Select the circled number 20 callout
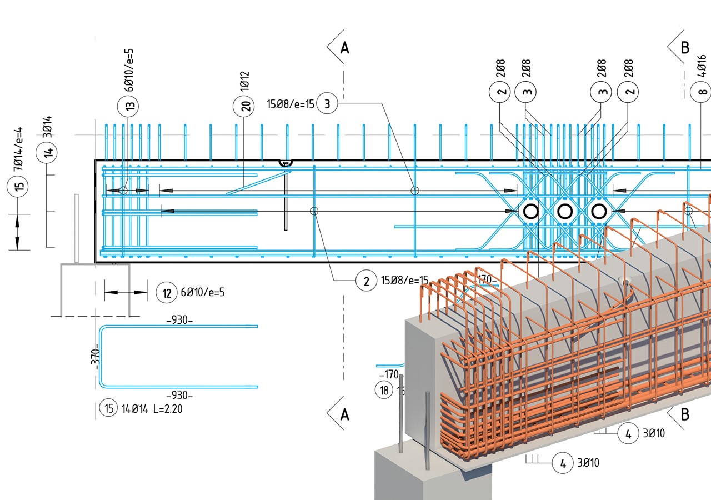[x=247, y=106]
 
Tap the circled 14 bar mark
[x=47, y=153]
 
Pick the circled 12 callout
[x=167, y=292]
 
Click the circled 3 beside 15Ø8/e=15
[x=327, y=104]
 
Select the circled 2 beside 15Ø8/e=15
[x=366, y=282]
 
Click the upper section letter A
[x=344, y=48]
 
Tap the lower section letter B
[x=685, y=414]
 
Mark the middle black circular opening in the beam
[x=564, y=211]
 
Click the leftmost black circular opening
[x=530, y=211]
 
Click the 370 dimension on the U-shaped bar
[x=95, y=357]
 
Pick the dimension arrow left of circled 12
[x=126, y=291]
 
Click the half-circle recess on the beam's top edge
[x=286, y=163]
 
